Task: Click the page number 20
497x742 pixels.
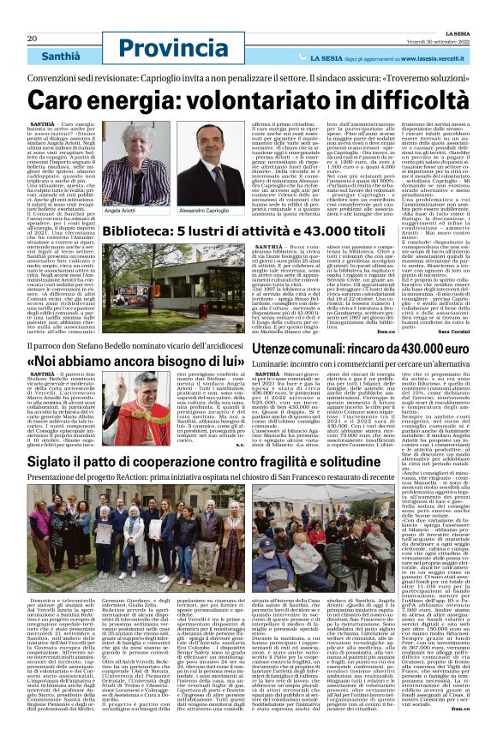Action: point(32,15)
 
